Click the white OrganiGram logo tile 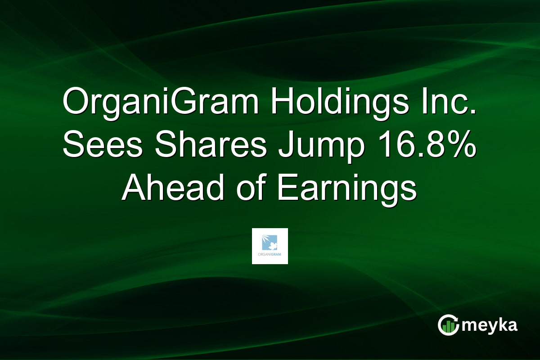click(x=270, y=246)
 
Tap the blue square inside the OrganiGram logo click(x=270, y=242)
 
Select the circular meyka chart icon click(x=448, y=325)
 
